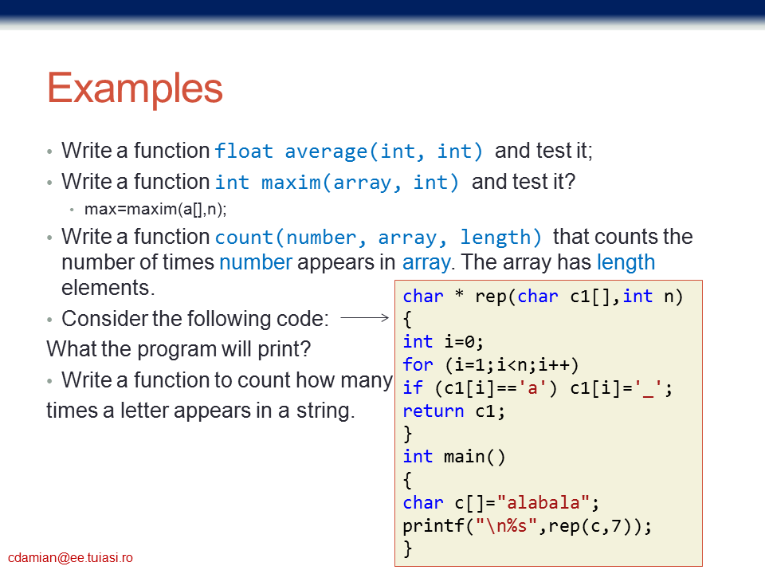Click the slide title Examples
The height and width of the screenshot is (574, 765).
tap(135, 88)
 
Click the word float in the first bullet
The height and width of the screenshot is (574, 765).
tap(244, 151)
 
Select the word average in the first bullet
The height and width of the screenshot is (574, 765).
tap(326, 151)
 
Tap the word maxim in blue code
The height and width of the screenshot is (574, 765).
tap(292, 183)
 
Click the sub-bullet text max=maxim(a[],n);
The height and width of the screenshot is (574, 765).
tap(155, 209)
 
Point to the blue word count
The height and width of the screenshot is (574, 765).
tap(244, 238)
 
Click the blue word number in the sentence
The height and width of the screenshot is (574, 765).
tap(256, 262)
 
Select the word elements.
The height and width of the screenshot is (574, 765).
tap(108, 288)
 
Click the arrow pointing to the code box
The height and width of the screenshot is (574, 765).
tap(364, 318)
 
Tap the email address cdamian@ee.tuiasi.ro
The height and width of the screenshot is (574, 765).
tap(70, 557)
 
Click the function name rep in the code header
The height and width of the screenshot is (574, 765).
tap(491, 297)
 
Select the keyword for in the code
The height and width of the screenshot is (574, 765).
tap(418, 364)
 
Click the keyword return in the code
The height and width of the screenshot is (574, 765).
tap(433, 411)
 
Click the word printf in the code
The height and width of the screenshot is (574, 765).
tap(433, 525)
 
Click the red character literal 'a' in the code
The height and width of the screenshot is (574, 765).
tap(532, 388)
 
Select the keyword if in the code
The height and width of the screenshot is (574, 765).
tap(413, 387)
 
